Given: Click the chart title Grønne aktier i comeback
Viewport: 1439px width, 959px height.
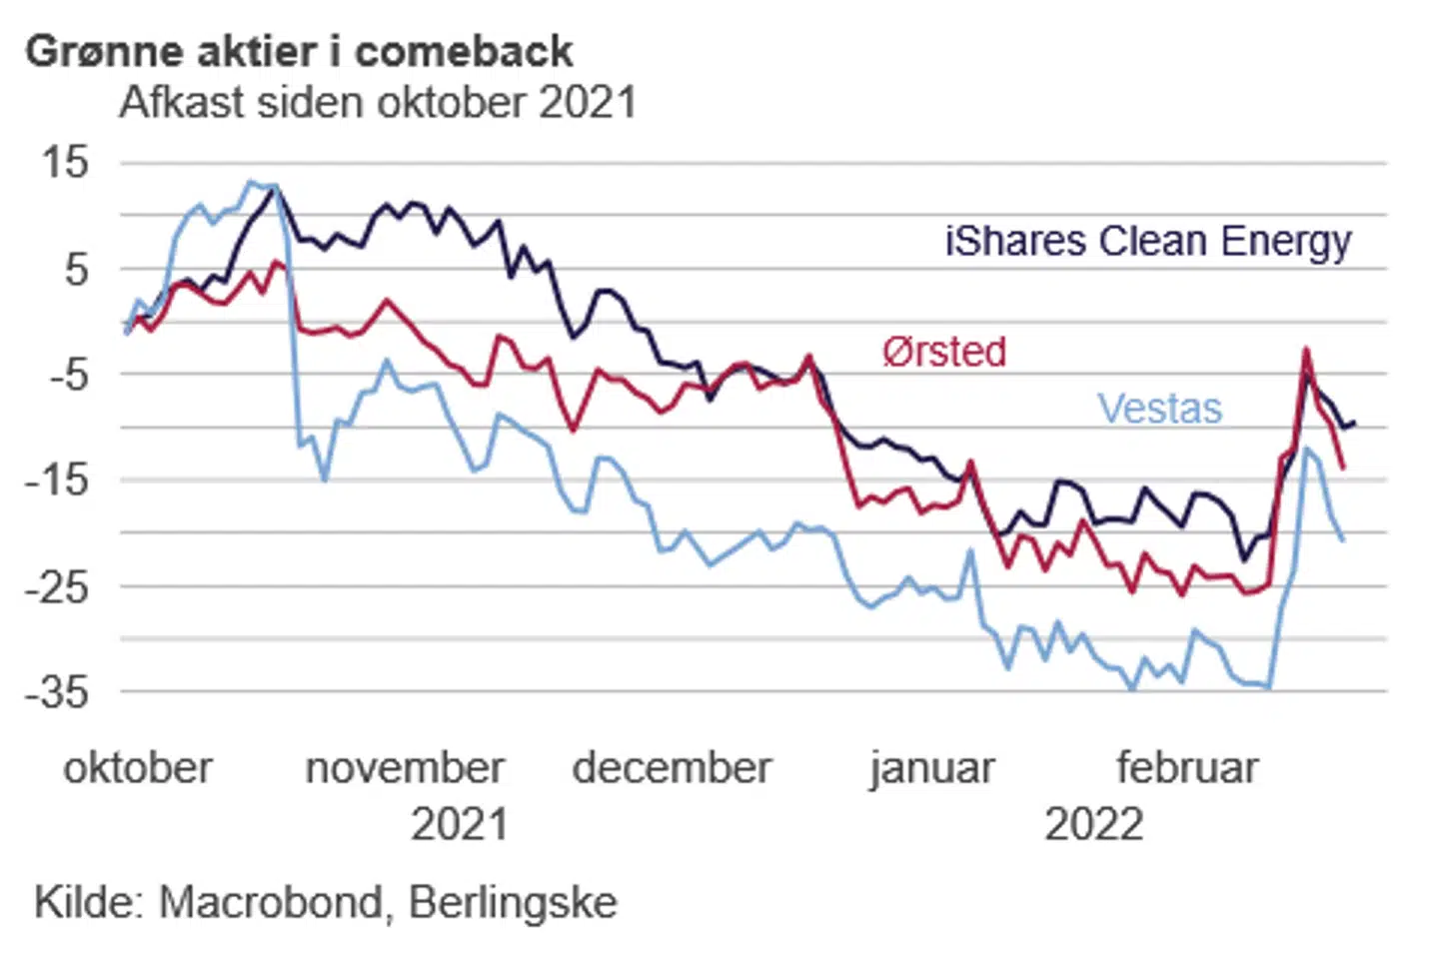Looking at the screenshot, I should coord(299,52).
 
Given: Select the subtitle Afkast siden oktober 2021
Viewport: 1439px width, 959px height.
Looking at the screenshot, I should coord(378,103).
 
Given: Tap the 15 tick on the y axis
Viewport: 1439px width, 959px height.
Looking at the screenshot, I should coord(65,162).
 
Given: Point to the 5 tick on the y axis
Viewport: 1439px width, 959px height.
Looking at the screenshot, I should coord(76,269).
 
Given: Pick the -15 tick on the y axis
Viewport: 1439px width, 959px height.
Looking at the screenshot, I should coord(57,480).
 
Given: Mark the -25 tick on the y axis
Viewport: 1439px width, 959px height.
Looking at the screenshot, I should coord(57,586).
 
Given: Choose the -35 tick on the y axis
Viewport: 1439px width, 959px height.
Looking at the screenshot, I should coord(57,691).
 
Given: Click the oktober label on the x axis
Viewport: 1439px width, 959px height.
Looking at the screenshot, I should coord(138,768).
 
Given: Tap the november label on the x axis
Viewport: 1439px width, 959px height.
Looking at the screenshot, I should coord(405,768).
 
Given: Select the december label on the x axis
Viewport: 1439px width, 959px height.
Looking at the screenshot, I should coord(672,768).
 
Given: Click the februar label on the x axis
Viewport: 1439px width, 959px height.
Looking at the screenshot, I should coord(1186,768).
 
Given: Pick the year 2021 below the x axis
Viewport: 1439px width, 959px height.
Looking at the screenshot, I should coord(459,825).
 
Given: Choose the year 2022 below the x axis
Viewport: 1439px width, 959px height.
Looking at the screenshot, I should coord(1093,825).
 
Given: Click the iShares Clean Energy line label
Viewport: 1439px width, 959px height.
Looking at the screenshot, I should coord(1147,242).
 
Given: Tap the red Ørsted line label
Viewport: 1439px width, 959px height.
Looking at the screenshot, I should coord(943,352).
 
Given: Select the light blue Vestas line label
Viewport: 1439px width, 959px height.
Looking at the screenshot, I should coord(1159,409).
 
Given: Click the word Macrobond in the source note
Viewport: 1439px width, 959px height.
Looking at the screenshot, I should coord(270,902).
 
